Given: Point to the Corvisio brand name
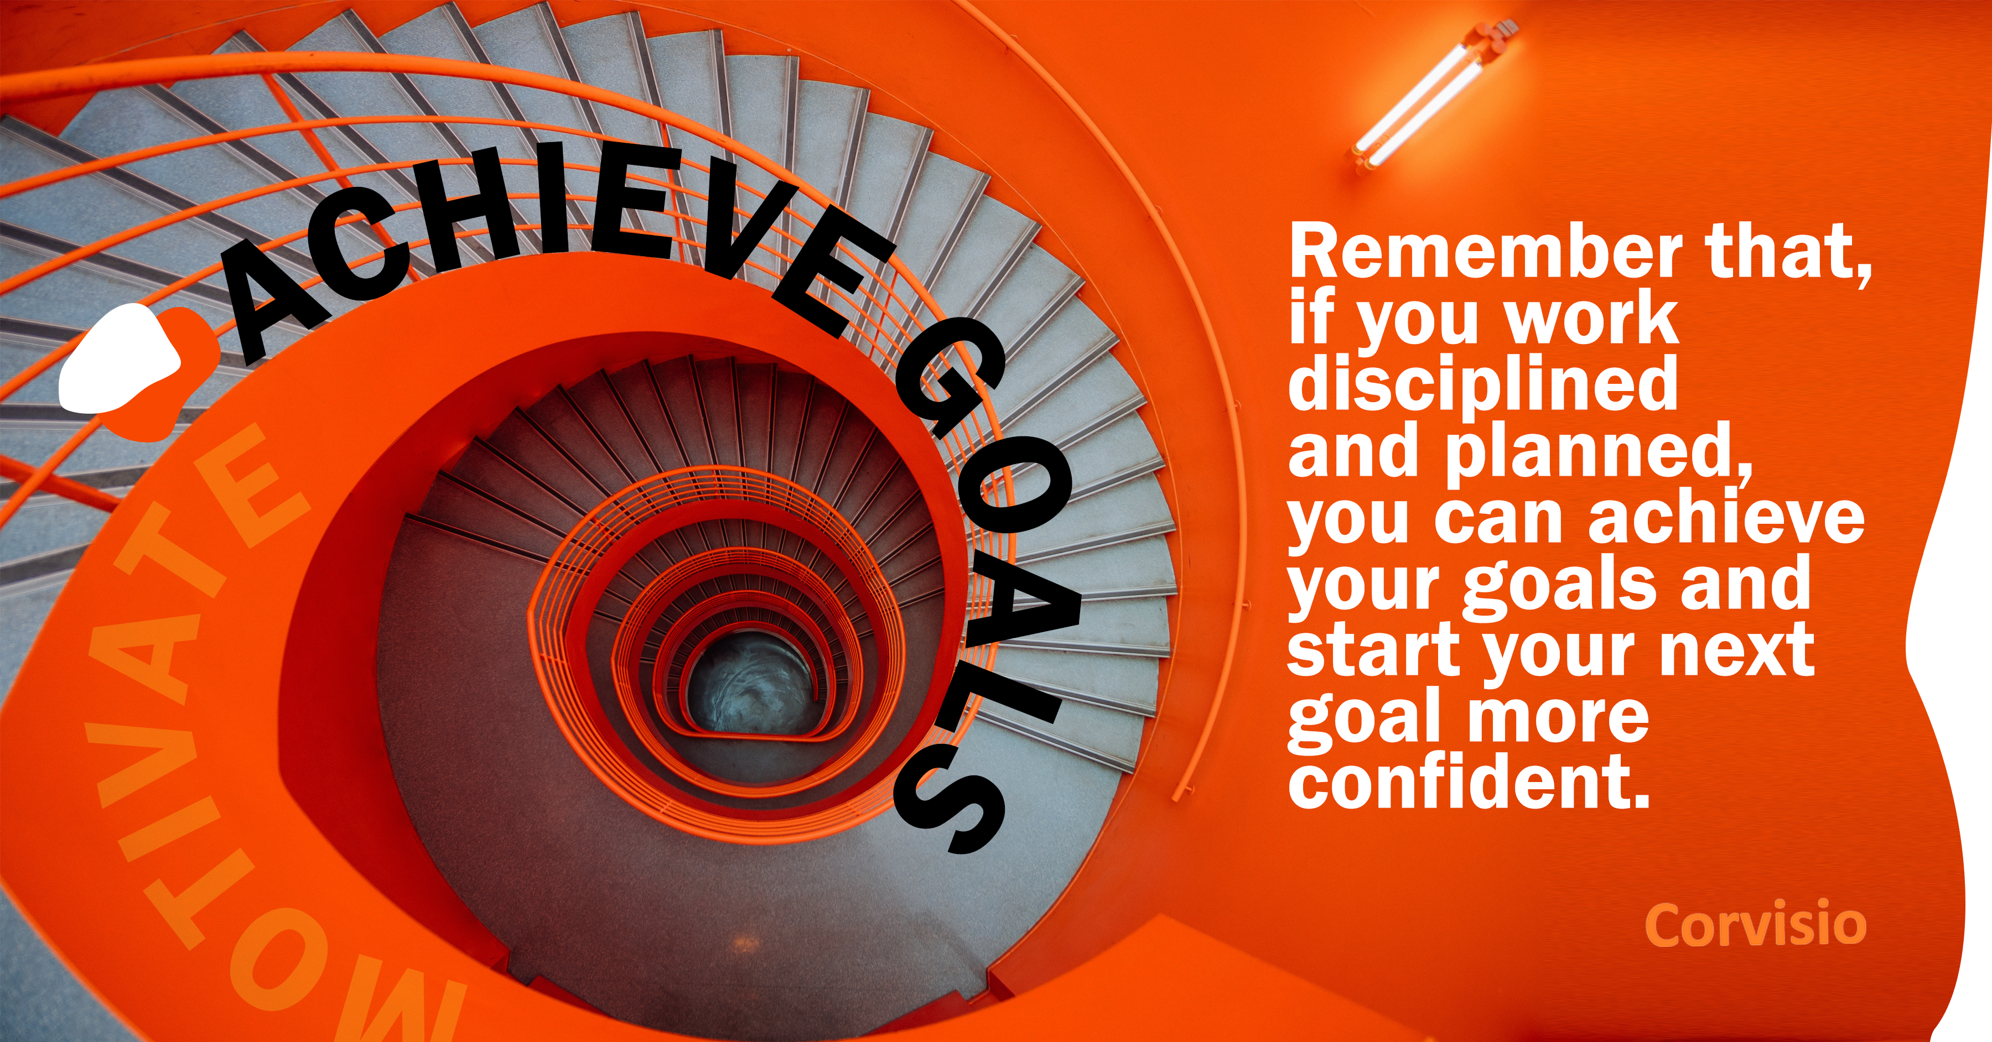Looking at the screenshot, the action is (x=1755, y=925).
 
